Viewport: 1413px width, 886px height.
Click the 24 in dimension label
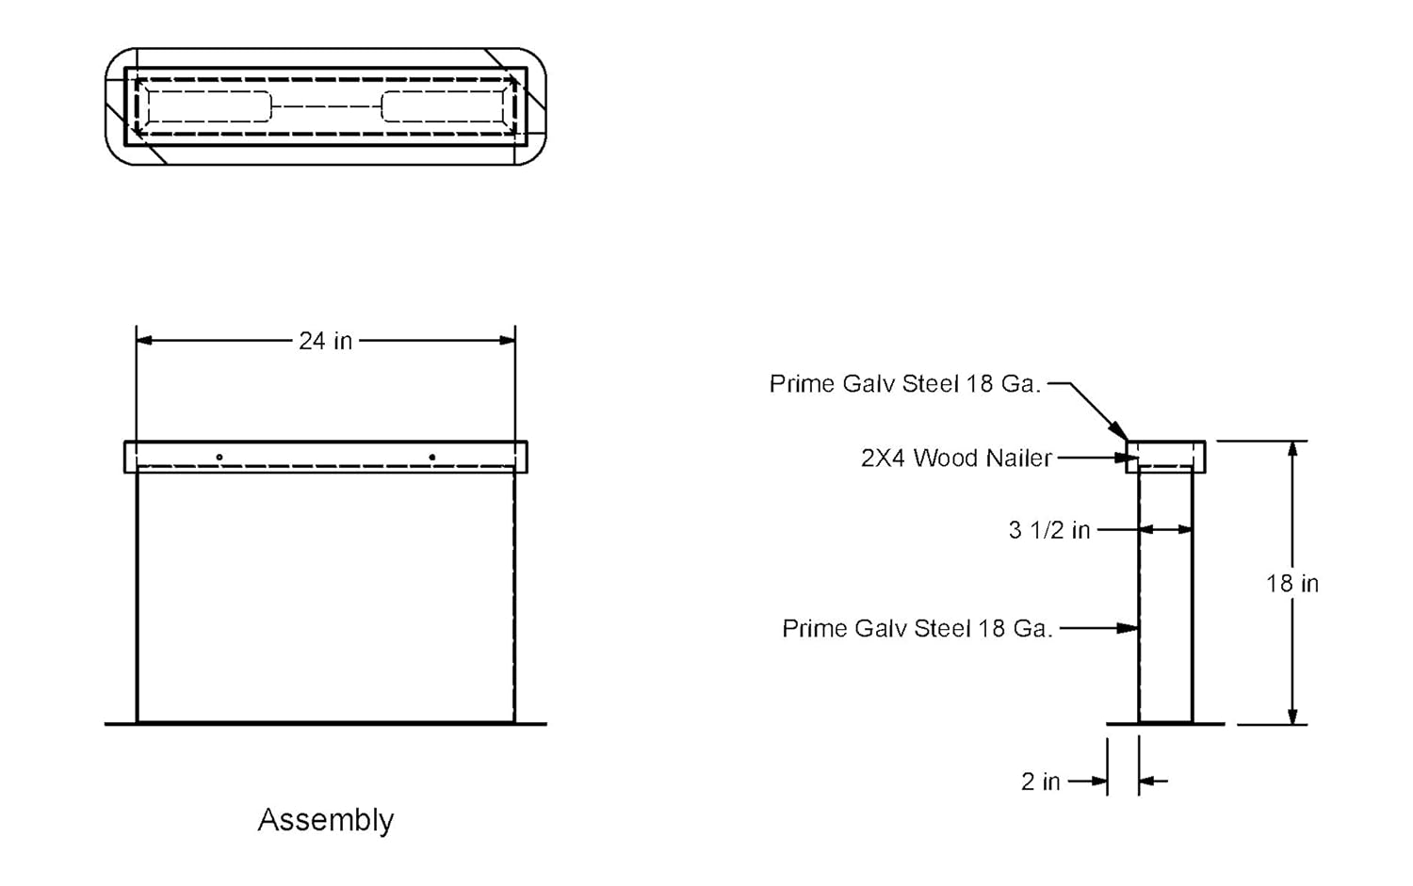point(325,341)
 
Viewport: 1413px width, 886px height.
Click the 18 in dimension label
point(1292,584)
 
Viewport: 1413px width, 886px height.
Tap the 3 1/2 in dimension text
point(1048,530)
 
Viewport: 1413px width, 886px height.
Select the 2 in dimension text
point(1040,781)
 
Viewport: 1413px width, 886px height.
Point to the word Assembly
point(326,820)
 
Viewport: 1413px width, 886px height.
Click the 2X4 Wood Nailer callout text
point(956,459)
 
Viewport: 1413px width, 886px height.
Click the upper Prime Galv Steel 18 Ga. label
point(904,384)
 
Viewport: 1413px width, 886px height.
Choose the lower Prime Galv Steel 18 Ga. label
point(917,629)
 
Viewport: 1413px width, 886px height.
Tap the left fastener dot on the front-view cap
point(219,458)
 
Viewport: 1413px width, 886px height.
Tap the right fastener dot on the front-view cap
point(432,458)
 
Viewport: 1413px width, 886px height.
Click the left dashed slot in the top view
point(209,106)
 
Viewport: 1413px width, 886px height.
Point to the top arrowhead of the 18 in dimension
point(1293,449)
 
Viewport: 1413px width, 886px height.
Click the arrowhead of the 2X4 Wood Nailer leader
point(1130,459)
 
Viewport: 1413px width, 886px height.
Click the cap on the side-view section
point(1166,456)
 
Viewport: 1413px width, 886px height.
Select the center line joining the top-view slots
point(326,106)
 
